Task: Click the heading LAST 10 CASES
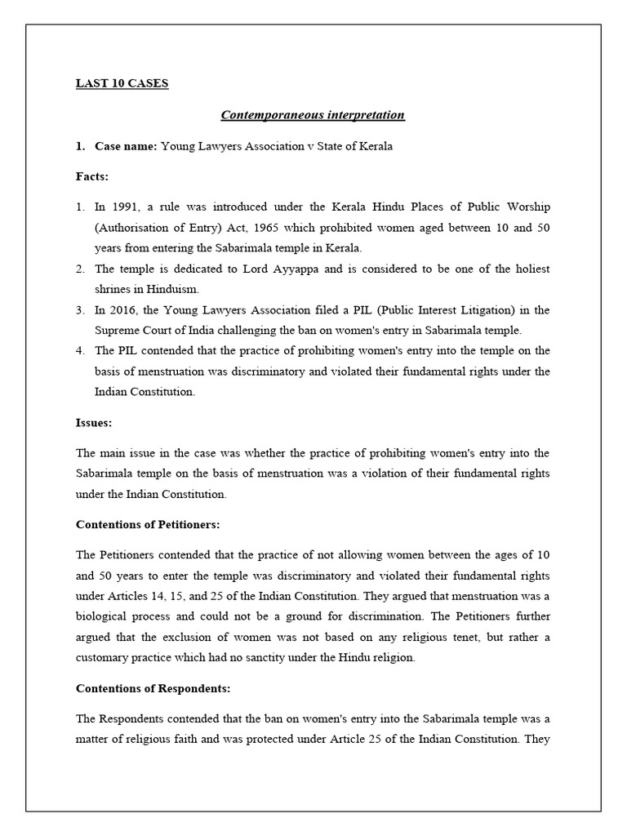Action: coord(122,83)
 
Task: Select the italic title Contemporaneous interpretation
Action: coord(313,114)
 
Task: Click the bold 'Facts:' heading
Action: coord(92,176)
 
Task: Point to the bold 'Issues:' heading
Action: coord(94,423)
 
